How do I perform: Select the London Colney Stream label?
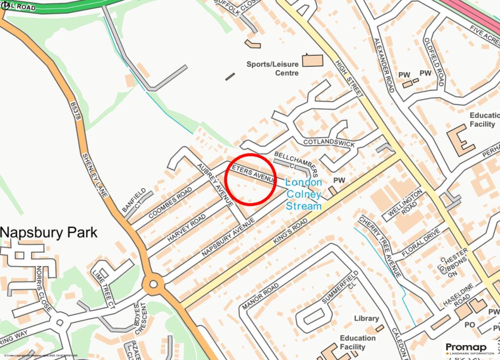(x=304, y=194)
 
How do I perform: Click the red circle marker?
(x=251, y=179)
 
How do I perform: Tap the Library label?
(x=366, y=318)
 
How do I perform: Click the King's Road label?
(x=291, y=231)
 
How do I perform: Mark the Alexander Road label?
(x=383, y=65)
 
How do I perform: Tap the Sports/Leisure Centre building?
(x=313, y=61)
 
